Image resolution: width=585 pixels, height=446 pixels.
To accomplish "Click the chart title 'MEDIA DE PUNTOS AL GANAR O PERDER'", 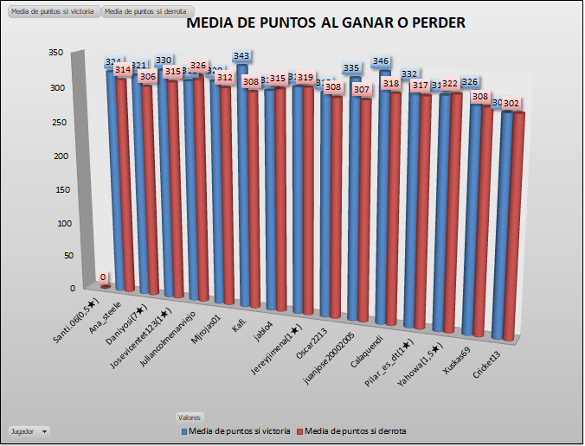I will (326, 23).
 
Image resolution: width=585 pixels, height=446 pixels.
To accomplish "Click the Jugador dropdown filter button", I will (29, 430).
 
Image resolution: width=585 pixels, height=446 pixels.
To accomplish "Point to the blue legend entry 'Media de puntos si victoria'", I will (235, 430).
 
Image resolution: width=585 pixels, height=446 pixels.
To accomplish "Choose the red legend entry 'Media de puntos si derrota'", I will (350, 430).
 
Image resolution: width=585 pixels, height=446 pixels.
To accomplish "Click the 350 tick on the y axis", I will (55, 53).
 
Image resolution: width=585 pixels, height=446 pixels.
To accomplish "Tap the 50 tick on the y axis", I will (58, 257).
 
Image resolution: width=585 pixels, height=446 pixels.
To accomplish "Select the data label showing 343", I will (242, 57).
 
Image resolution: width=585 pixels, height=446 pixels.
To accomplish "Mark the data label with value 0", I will (103, 277).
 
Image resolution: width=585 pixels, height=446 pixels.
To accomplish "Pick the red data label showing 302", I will (511, 104).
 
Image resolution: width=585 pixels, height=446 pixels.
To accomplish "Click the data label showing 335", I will (351, 68).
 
